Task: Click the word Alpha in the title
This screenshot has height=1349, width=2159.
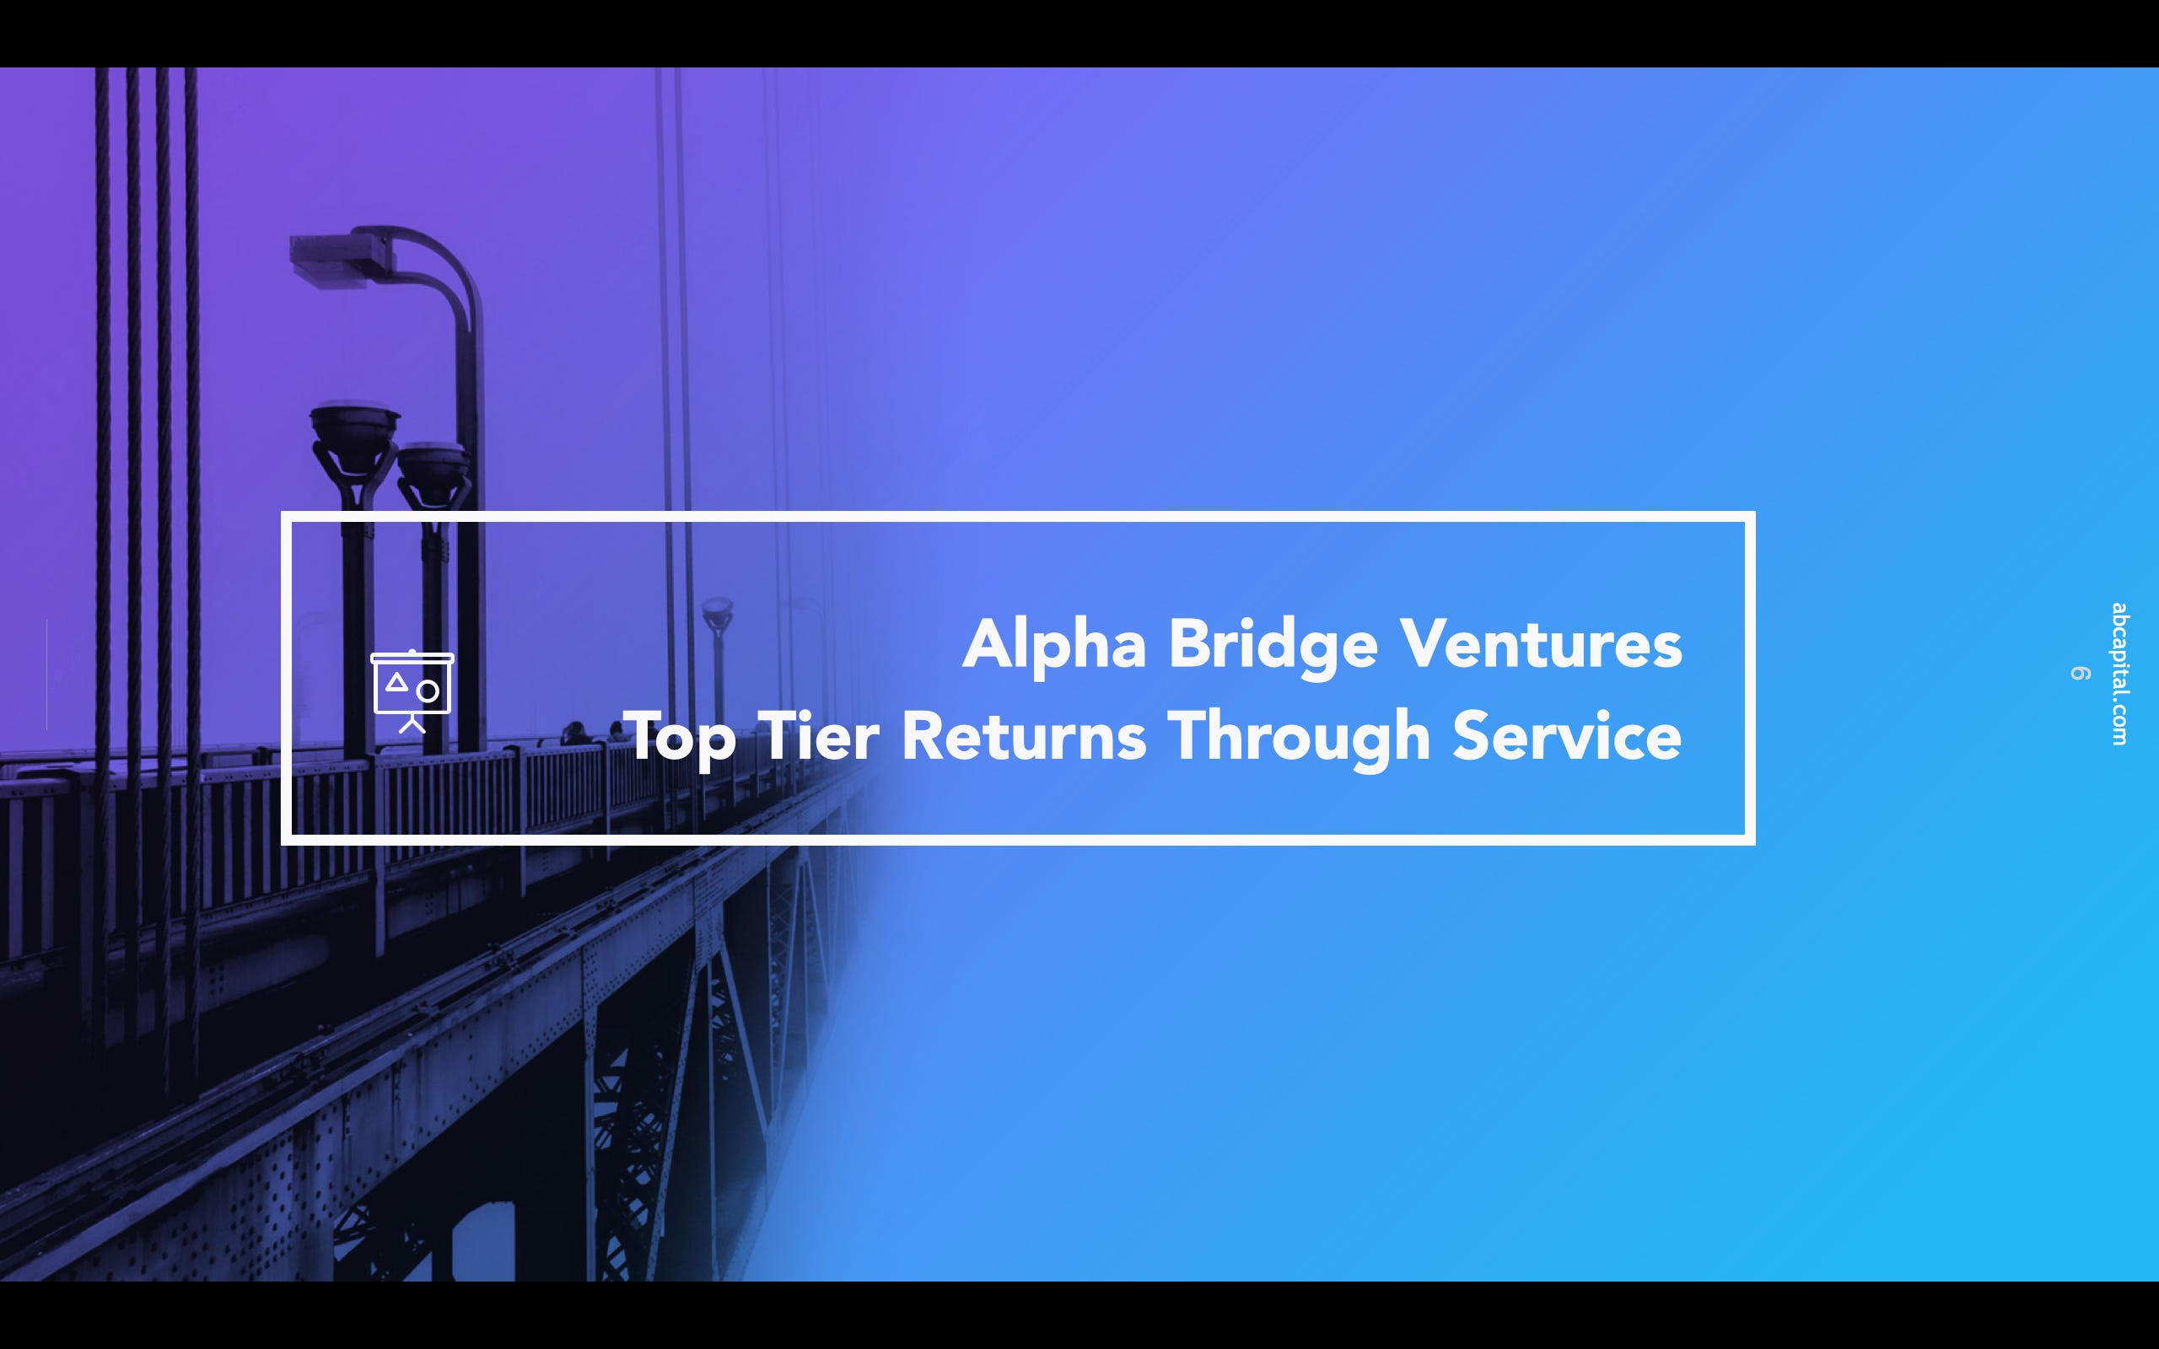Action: [x=1053, y=644]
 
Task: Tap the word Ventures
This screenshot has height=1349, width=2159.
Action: [x=1541, y=644]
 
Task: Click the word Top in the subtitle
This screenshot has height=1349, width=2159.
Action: [x=680, y=738]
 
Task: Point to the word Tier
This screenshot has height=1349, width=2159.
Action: [x=818, y=736]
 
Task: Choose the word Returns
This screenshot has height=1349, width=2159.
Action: [x=1023, y=736]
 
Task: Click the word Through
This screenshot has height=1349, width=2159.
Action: [x=1298, y=738]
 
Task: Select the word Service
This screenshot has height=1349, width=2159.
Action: [x=1567, y=736]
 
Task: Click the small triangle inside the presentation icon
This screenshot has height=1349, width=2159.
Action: [x=397, y=684]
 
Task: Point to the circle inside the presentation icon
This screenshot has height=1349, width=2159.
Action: [x=428, y=691]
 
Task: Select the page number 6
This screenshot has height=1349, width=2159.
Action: [x=2081, y=674]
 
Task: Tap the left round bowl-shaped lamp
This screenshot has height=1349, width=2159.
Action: [x=354, y=427]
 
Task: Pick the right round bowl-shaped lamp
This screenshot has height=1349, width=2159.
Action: [x=433, y=462]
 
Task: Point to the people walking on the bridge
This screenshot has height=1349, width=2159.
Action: [x=593, y=734]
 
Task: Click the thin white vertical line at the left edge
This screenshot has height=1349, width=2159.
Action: [x=46, y=674]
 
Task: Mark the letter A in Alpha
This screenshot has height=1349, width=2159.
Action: [x=988, y=644]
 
